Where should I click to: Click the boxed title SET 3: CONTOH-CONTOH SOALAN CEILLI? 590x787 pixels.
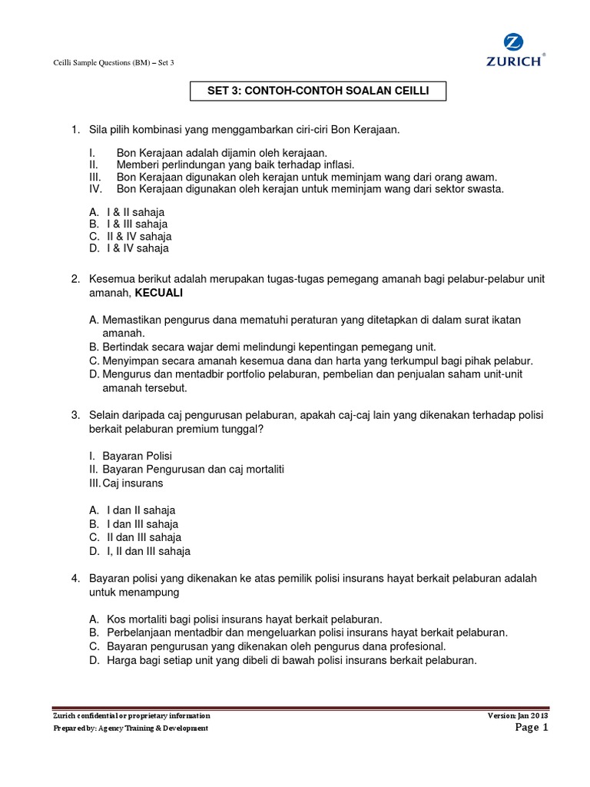[317, 91]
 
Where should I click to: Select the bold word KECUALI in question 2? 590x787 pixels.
[159, 293]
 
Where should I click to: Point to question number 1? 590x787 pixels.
[75, 130]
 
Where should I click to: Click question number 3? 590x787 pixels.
[75, 415]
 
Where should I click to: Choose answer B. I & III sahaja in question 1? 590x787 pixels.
[128, 224]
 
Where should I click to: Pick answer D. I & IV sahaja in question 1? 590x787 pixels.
[128, 248]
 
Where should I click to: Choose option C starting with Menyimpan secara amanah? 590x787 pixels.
[310, 360]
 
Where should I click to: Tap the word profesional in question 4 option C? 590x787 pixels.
[418, 646]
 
